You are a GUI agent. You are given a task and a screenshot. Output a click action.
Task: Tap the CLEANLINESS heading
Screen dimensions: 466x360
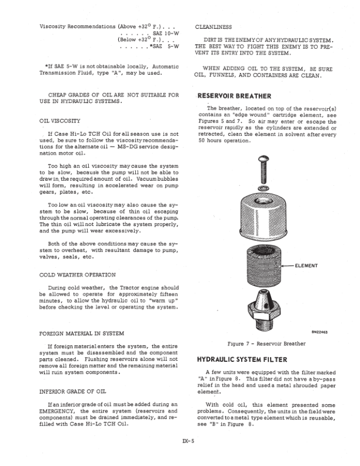(214, 26)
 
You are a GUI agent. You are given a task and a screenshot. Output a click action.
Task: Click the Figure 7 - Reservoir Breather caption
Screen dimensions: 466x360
(258, 343)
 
